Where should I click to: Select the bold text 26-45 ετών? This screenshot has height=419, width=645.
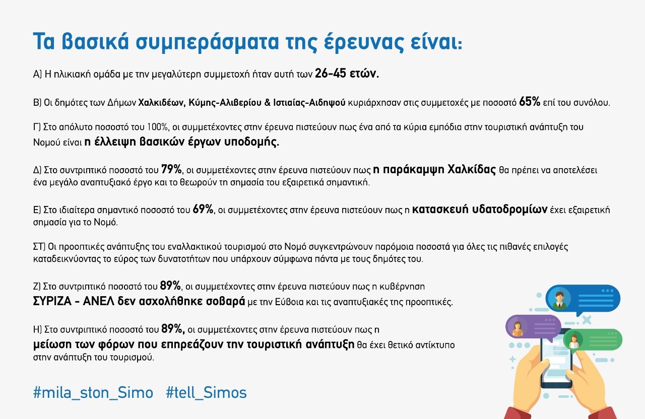point(347,74)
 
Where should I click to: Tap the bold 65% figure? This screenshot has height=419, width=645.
point(530,102)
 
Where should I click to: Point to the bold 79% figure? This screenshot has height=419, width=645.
point(171,169)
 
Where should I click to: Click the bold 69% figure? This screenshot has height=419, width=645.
point(203,209)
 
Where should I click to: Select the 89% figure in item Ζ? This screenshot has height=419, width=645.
point(170,286)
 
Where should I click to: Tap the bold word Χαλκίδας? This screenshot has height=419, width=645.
point(472,170)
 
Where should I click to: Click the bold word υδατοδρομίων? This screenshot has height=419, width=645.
point(509,210)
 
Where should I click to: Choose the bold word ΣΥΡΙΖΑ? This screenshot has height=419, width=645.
point(52,301)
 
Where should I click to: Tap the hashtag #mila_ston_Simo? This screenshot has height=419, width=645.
point(93,393)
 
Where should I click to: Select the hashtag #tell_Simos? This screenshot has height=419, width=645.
point(206,393)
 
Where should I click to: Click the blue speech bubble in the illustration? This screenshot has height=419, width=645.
point(583,299)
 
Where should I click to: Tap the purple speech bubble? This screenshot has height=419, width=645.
point(533,327)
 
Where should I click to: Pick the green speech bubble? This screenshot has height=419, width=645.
point(593,340)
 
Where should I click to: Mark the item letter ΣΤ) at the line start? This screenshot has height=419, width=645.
point(39,247)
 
